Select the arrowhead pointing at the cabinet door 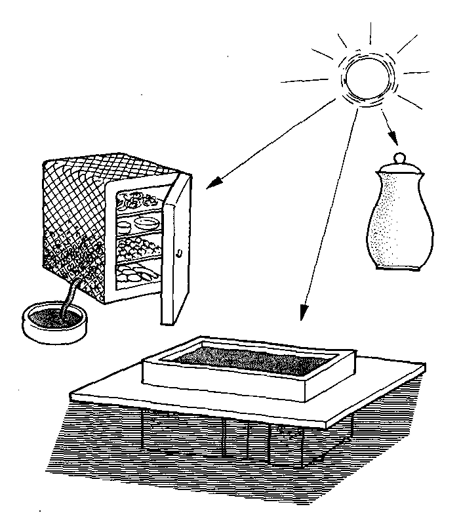(x=211, y=185)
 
